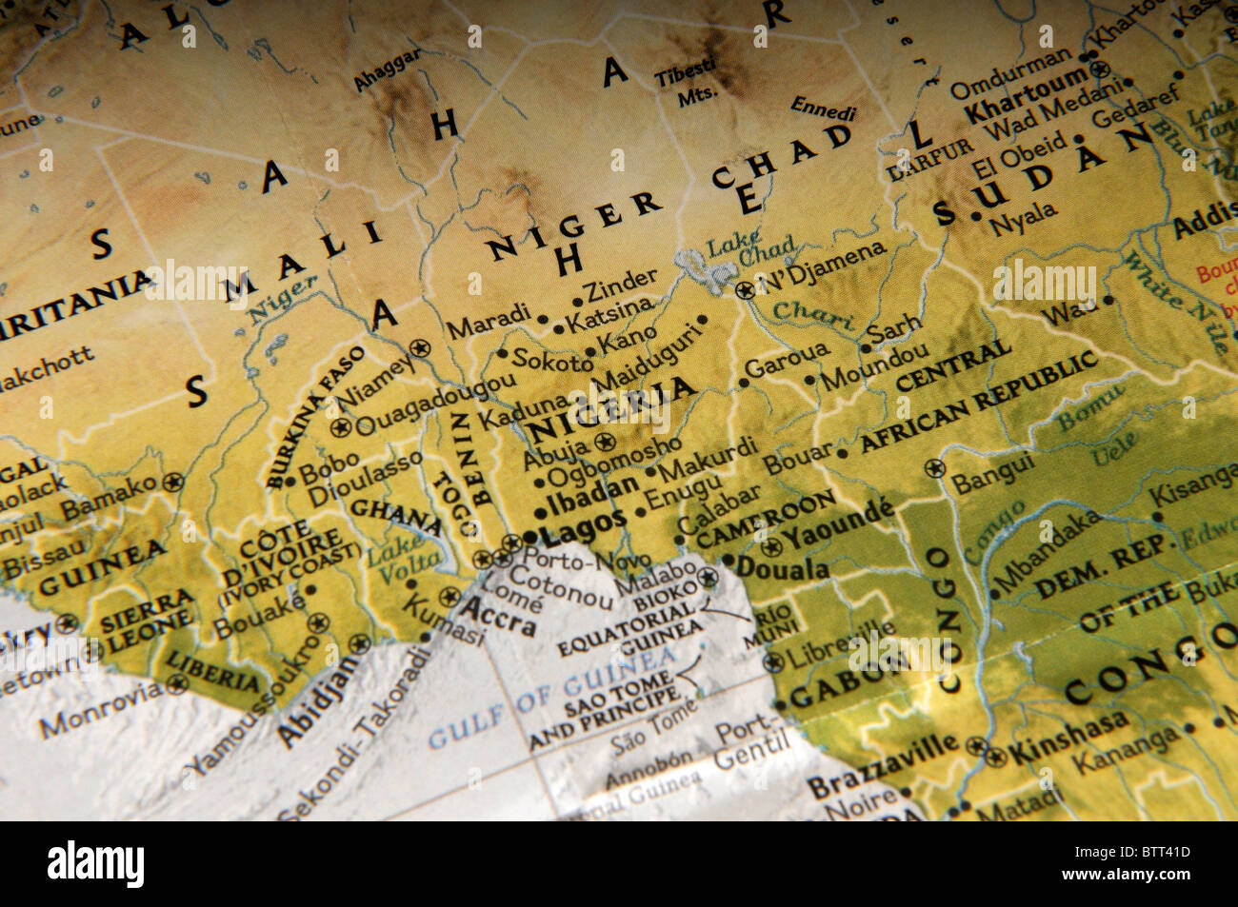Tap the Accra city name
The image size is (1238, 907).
coord(499,617)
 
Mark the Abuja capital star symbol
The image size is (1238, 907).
coord(604,443)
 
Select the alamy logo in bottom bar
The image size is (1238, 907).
coord(96,863)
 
